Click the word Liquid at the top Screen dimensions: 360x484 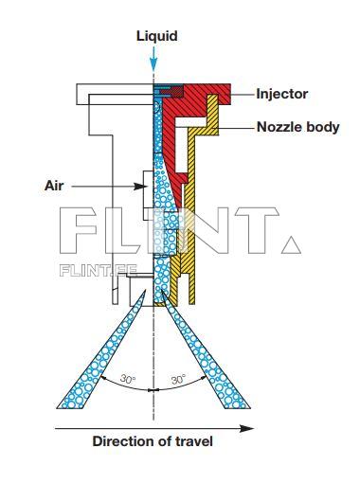[x=156, y=36]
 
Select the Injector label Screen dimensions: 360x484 [x=281, y=94]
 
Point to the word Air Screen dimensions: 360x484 [x=54, y=186]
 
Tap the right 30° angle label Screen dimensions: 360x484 [x=178, y=380]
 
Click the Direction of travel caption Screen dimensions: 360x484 [x=152, y=441]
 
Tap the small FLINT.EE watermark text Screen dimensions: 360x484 [x=99, y=269]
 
